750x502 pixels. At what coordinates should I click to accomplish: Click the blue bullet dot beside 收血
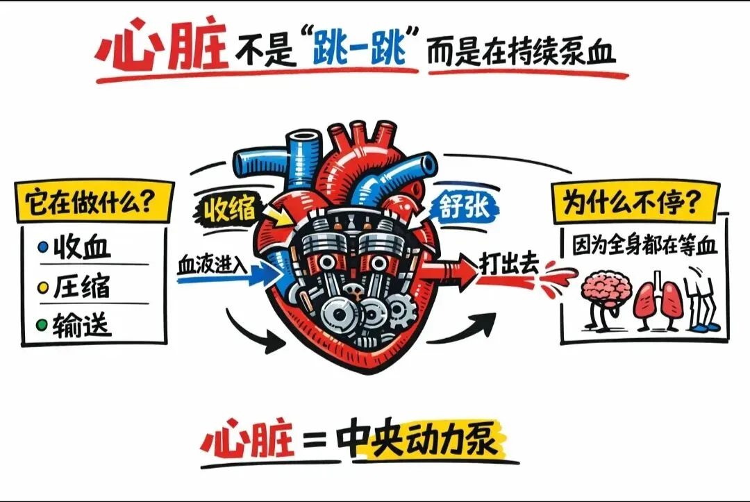click(x=43, y=247)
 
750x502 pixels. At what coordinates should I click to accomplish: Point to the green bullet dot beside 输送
click(x=43, y=324)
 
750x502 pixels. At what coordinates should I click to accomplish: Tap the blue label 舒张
click(x=463, y=206)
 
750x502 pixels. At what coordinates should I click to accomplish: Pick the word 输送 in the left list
click(x=82, y=324)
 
